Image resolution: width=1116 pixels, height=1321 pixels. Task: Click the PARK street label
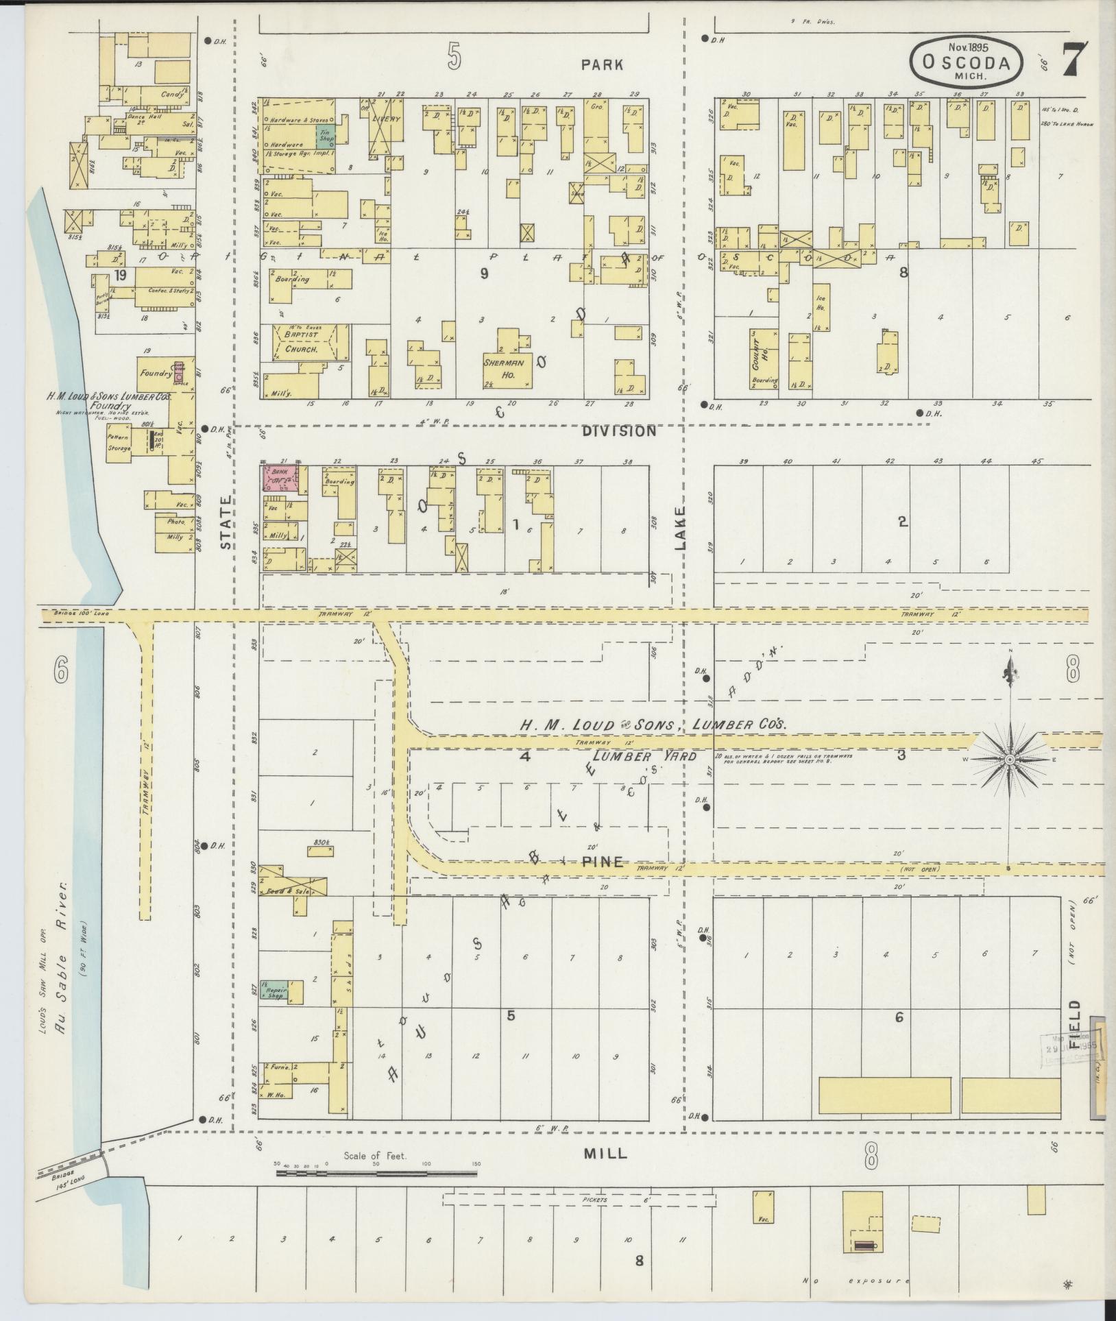[602, 64]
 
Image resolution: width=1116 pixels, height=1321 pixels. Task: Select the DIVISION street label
[619, 431]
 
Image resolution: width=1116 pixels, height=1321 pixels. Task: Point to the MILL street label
[605, 1153]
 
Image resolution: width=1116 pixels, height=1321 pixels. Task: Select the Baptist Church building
[302, 342]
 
